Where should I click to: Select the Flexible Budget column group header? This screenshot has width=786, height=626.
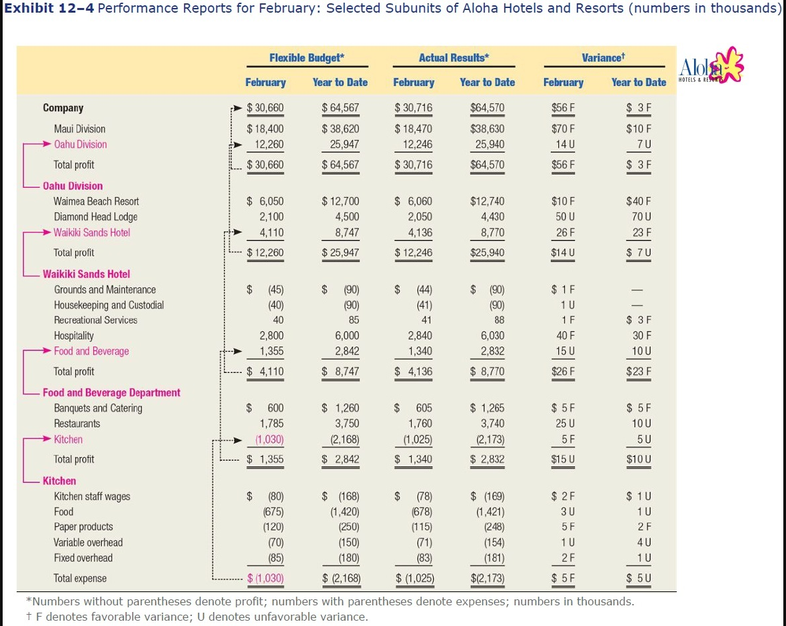tap(306, 58)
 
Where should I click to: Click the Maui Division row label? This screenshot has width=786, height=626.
tap(79, 129)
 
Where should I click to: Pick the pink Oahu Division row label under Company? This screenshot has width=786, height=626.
tap(80, 145)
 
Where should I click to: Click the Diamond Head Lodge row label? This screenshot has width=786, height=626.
tap(95, 217)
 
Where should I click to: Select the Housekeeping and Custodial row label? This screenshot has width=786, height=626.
tap(109, 306)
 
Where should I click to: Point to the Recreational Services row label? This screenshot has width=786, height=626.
tap(95, 320)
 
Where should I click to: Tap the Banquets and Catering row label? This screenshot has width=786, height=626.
tap(98, 408)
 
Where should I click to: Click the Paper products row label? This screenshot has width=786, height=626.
tap(83, 527)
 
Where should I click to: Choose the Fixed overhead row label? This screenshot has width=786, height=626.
tap(83, 558)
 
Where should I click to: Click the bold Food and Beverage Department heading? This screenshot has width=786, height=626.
tap(111, 393)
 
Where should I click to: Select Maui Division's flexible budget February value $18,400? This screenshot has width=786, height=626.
tap(265, 129)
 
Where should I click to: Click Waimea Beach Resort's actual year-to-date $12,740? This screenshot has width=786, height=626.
tap(487, 201)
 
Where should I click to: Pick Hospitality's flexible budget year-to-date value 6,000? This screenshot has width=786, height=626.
tap(346, 336)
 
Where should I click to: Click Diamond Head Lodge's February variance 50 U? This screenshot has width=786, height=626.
tap(562, 217)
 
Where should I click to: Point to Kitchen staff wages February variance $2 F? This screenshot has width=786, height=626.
tap(563, 497)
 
